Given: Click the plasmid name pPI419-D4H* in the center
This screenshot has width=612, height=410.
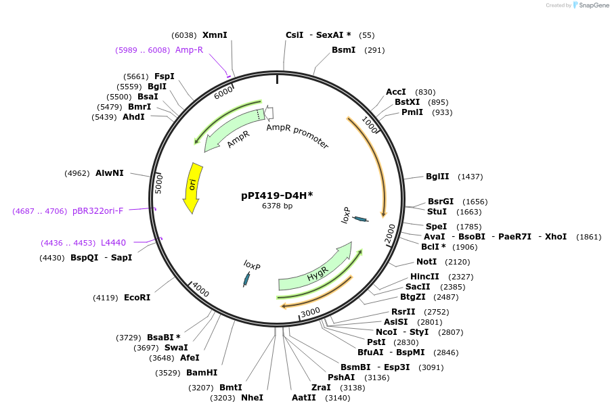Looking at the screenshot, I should coord(277,196).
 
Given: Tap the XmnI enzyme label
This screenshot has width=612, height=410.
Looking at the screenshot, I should coord(215,35).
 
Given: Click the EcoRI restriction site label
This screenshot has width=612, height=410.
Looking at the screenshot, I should coord(137,297).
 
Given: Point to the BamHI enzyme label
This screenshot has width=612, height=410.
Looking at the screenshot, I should coord(202,372).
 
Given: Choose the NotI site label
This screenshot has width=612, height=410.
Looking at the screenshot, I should coord(427,262).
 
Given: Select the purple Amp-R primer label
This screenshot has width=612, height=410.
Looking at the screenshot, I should coord(189,50).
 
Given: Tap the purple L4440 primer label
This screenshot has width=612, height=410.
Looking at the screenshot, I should coord(113,242).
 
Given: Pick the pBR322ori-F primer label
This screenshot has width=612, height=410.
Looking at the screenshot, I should coord(97,211).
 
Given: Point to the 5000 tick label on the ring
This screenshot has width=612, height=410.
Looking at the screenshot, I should coord(160,183).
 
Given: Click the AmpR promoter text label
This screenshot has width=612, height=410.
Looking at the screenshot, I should coord(297,136).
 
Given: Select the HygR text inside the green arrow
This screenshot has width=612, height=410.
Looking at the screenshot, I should coord(318,275).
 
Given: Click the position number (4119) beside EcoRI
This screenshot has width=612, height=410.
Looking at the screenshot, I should coord(106,298).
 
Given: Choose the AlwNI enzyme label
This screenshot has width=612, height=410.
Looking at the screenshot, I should coord(110,173).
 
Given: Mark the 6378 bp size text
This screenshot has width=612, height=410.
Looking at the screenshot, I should coord(277,206).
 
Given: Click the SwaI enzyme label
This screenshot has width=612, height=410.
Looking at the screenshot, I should coord(176,348).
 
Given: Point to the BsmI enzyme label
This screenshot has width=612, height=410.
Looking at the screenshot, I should coord(343,50).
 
